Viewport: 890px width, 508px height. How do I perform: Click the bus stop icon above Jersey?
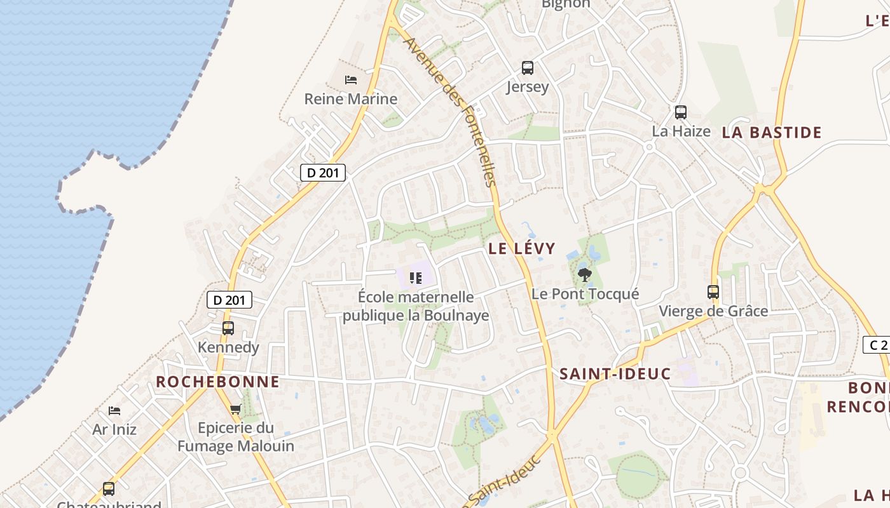click(x=528, y=67)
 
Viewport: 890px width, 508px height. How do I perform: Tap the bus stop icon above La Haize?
click(x=681, y=112)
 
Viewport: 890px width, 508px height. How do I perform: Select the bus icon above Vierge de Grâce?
click(x=713, y=292)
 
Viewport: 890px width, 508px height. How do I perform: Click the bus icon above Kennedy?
click(x=228, y=328)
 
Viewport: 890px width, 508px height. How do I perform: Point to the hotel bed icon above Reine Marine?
click(x=351, y=80)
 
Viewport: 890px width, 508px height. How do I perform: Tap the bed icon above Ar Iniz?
click(x=114, y=411)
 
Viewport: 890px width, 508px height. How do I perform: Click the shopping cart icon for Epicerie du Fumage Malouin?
click(x=236, y=410)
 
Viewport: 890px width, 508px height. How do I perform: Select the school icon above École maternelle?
click(x=416, y=277)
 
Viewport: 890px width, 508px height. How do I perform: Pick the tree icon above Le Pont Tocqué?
click(x=585, y=275)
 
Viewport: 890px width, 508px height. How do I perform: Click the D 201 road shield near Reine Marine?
click(x=323, y=172)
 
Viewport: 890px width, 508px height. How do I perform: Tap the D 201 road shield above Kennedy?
click(x=229, y=300)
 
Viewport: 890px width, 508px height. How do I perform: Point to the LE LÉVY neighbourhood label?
click(x=522, y=248)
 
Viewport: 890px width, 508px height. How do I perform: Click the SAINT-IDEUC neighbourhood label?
click(x=615, y=374)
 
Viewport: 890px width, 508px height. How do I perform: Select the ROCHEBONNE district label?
click(x=217, y=382)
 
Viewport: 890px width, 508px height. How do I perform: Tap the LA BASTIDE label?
click(x=772, y=132)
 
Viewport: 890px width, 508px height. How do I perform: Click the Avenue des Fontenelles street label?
click(x=449, y=112)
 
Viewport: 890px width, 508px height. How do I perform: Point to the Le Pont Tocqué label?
click(x=585, y=294)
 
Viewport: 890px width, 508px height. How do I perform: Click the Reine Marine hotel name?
click(x=351, y=99)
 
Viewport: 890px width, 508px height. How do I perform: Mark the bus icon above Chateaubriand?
click(x=109, y=489)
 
